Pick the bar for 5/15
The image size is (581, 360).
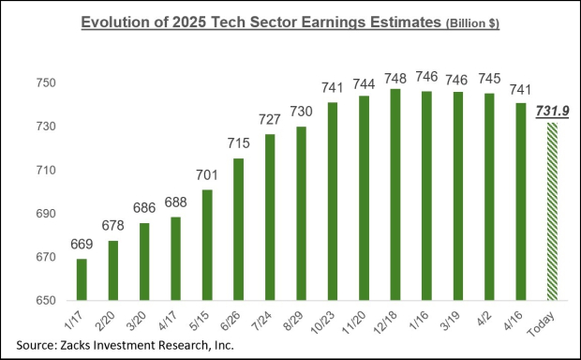(207, 245)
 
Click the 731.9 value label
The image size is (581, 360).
(549, 112)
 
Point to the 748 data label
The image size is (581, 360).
(395, 77)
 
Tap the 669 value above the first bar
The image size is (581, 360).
(82, 246)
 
